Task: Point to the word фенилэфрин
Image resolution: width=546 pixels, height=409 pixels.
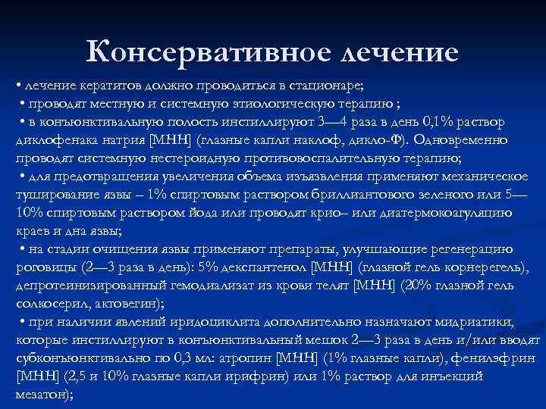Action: [x=500, y=359]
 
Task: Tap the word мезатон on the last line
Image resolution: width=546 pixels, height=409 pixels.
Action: [x=42, y=395]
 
